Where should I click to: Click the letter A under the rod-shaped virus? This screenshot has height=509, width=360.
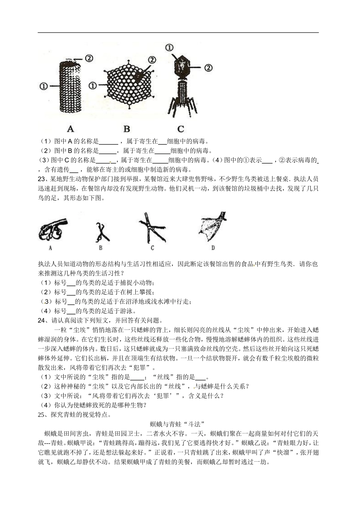coord(70,129)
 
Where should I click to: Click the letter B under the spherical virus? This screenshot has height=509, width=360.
coord(127,129)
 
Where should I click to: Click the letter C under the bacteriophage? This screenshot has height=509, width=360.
coord(181,129)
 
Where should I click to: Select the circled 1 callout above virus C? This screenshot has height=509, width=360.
coord(169,47)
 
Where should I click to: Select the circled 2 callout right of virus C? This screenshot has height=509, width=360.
coord(208,68)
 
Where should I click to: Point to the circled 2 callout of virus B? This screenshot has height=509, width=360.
coord(152,60)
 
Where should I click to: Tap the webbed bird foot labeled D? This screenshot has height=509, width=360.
coord(212,227)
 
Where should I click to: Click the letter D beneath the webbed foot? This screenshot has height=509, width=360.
coord(213,248)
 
